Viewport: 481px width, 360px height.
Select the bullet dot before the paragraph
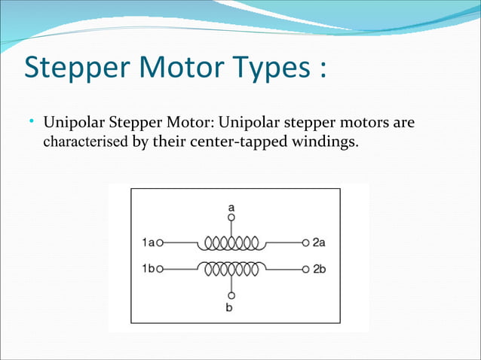[x=32, y=121]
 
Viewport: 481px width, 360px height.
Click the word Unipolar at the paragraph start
[x=74, y=122]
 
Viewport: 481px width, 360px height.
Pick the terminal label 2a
[x=319, y=243]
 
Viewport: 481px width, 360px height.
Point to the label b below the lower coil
[x=231, y=307]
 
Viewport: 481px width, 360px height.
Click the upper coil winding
[x=229, y=243]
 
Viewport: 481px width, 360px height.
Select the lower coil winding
[x=229, y=267]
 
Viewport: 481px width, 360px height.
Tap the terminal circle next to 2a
[x=305, y=243]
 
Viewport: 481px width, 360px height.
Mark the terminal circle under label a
[x=231, y=217]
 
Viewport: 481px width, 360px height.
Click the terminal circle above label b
[x=231, y=294]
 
